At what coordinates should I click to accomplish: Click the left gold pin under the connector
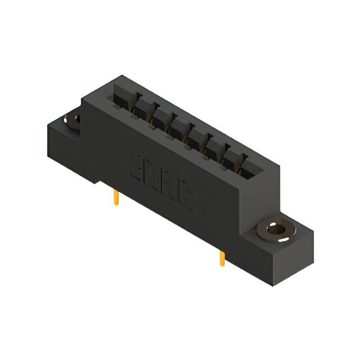click(116, 197)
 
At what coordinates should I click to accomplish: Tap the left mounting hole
click(72, 120)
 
